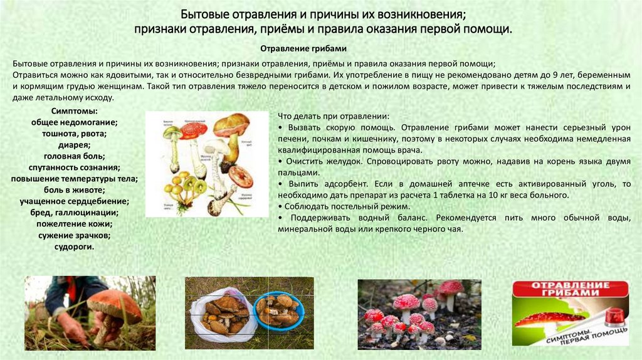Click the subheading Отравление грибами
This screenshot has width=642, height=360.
pos(303,48)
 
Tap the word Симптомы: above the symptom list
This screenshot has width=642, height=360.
pos(74,111)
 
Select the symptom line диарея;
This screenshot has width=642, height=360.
pos(74,145)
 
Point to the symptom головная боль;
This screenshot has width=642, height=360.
pos(74,156)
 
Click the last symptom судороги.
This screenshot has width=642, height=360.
pos(74,246)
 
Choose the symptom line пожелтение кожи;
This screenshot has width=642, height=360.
pos(74,224)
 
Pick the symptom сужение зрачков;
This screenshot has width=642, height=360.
pos(74,235)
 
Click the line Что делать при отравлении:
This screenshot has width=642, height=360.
pos(333,116)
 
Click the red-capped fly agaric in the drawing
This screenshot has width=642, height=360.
pos(194,130)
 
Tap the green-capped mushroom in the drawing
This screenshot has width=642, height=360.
pos(172,133)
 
